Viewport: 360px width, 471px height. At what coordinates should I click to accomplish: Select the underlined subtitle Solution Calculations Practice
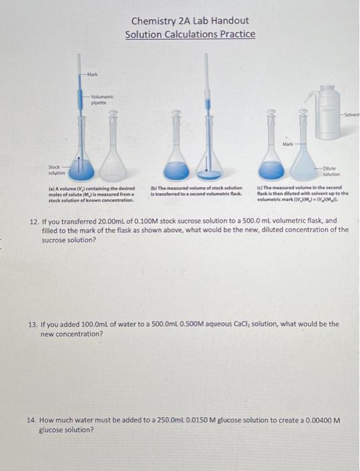(190, 34)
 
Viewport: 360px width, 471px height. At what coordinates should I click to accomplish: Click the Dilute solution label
(331, 172)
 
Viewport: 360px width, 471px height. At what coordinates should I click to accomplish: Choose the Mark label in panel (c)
(288, 143)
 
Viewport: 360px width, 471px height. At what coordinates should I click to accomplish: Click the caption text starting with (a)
(92, 194)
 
